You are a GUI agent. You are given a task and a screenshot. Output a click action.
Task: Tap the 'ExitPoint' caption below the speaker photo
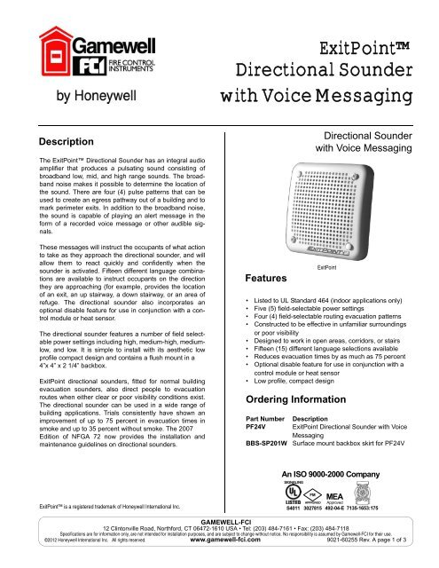point(328,265)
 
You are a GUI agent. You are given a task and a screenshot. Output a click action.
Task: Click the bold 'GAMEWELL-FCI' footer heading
point(219,538)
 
